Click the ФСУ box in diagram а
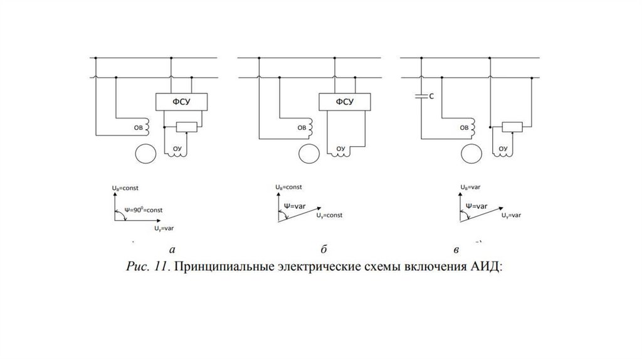coord(181,102)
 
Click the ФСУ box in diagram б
coord(344,102)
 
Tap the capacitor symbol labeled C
coord(422,97)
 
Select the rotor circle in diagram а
coord(145,154)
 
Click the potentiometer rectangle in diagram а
coord(186,127)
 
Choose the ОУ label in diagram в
coord(503,149)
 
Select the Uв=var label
coord(471,187)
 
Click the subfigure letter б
coord(324,250)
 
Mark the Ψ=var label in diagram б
coord(294,205)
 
